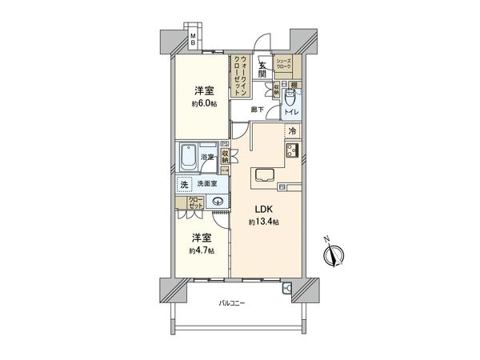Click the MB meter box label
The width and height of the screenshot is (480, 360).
[193, 39]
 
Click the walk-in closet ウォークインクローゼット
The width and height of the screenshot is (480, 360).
[239, 76]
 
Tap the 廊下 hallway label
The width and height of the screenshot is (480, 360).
[256, 109]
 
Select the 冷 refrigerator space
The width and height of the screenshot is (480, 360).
[292, 130]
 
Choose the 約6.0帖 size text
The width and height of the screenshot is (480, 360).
[204, 105]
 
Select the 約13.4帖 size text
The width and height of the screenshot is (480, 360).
[265, 221]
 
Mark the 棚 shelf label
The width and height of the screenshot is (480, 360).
[294, 84]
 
